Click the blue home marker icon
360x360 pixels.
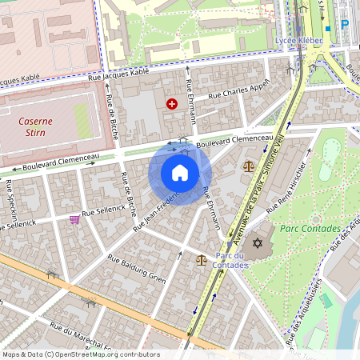[180, 173]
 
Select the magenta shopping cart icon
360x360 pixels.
[74, 218]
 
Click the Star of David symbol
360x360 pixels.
[257, 242]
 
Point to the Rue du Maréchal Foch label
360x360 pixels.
[80, 337]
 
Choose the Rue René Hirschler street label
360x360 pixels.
[286, 186]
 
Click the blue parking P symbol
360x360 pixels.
[345, 24]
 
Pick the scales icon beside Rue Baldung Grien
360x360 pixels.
[201, 259]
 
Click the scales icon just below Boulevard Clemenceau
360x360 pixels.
[248, 166]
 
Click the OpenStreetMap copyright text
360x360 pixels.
[80, 354]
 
